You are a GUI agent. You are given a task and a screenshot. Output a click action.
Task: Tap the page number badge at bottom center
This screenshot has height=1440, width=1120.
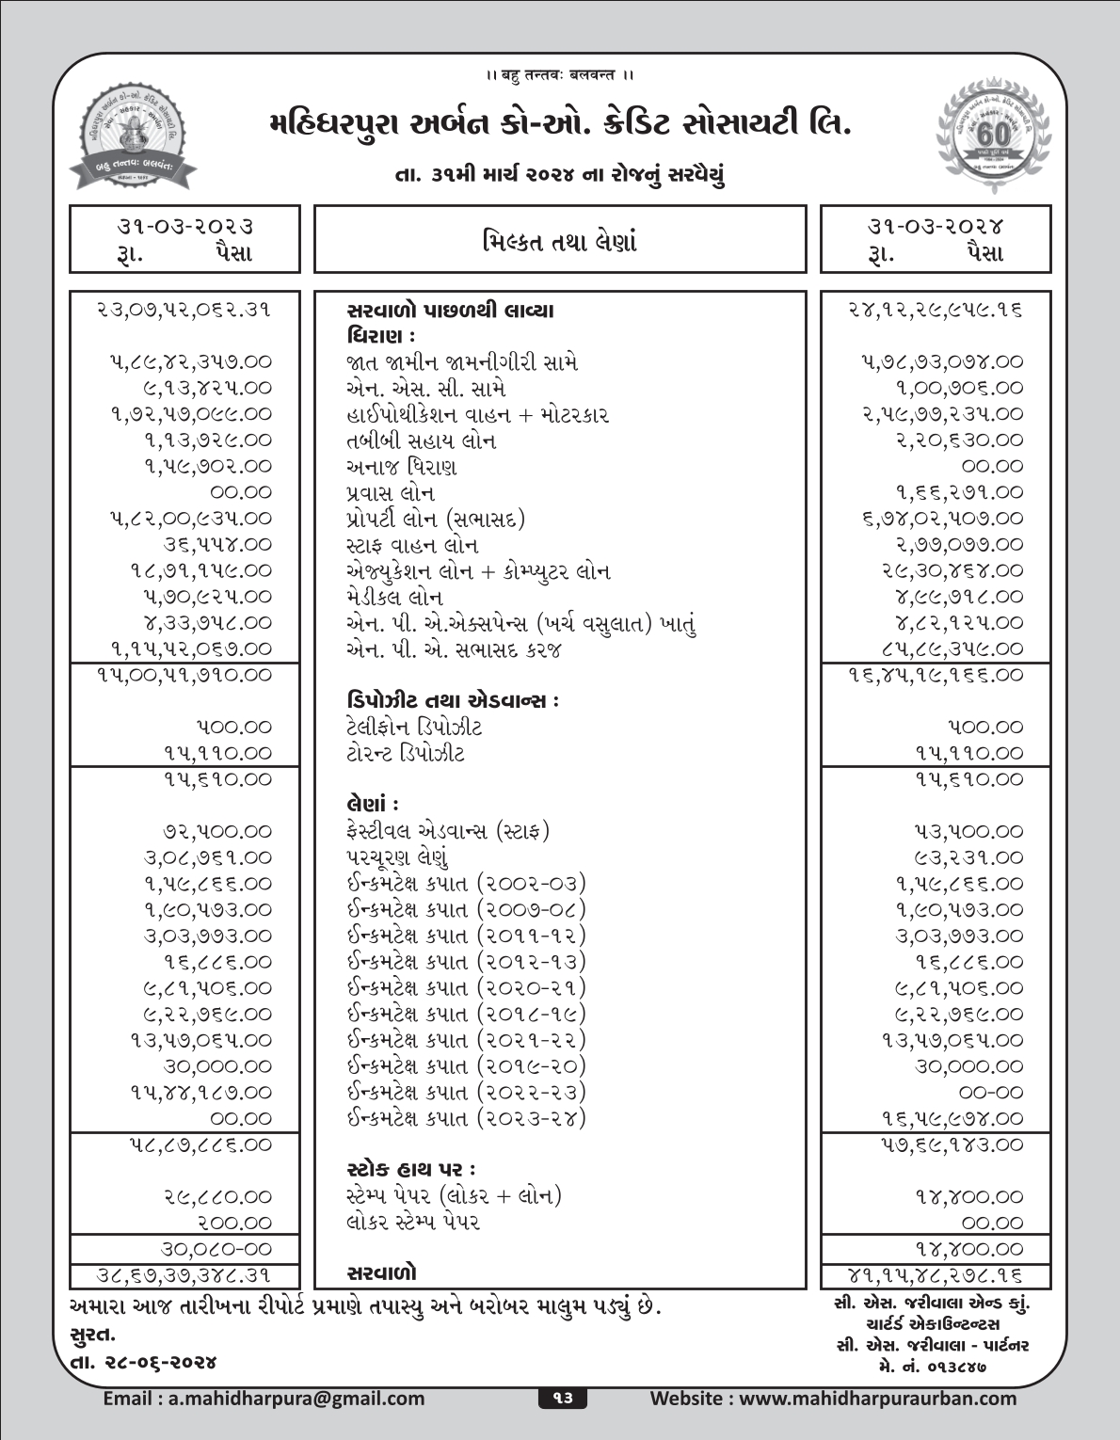[x=561, y=1399]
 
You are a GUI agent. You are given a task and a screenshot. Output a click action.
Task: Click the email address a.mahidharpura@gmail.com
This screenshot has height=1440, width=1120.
[x=264, y=1399]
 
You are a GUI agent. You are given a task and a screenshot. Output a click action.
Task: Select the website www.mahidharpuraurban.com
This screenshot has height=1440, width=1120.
[x=833, y=1399]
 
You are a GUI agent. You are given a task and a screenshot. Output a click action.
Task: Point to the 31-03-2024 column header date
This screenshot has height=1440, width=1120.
[x=936, y=226]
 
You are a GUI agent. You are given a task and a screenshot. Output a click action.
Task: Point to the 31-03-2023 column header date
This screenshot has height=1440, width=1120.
[x=184, y=226]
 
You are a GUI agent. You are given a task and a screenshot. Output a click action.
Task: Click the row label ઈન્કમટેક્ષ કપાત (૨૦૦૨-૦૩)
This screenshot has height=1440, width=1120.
[x=466, y=884]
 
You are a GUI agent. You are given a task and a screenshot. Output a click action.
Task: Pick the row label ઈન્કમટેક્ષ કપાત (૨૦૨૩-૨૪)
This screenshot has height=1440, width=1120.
[x=466, y=1118]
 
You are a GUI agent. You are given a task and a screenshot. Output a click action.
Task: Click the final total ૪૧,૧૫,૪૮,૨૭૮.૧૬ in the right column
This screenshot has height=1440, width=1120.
[x=936, y=1276]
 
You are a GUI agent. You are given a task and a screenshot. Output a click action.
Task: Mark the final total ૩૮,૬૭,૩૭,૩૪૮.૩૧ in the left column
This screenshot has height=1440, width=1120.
[x=184, y=1276]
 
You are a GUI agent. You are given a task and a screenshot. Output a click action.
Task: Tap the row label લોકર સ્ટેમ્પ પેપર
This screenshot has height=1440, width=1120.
[x=413, y=1223]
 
